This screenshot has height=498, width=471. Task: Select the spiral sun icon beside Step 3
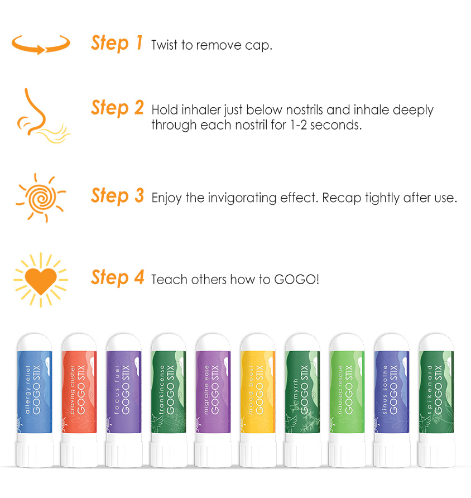[x=41, y=198]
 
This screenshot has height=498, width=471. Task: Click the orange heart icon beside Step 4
[x=41, y=280]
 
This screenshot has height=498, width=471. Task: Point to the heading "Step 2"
[x=117, y=108]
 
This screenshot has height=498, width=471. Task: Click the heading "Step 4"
[x=117, y=277]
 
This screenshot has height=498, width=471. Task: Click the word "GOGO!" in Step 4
[x=296, y=280]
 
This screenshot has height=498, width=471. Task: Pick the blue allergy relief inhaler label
[x=35, y=392]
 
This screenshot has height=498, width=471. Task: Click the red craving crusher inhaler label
[x=79, y=392]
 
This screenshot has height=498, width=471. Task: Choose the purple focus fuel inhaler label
[x=124, y=392]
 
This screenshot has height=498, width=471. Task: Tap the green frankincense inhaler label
[x=169, y=392]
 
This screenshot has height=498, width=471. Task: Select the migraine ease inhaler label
[x=213, y=392]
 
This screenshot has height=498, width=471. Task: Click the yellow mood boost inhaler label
[x=258, y=392]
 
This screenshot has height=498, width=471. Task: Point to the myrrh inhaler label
[x=302, y=392]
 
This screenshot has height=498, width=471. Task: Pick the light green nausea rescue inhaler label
[x=347, y=392]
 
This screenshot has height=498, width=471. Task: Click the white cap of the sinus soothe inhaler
[x=392, y=342]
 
